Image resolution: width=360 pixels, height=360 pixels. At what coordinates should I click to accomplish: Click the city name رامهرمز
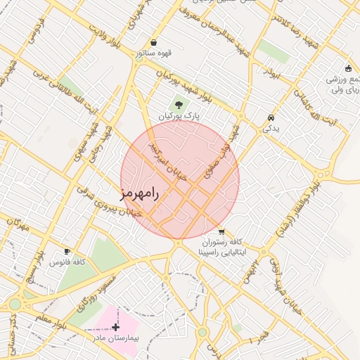(x=141, y=193)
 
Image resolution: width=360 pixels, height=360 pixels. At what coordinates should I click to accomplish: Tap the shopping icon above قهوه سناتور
(x=153, y=43)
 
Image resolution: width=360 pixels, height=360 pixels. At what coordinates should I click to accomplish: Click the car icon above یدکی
(x=271, y=117)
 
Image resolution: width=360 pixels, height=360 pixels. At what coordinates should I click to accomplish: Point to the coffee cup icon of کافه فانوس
(x=67, y=251)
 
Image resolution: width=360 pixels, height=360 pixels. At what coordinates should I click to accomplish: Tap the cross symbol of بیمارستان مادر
(x=115, y=327)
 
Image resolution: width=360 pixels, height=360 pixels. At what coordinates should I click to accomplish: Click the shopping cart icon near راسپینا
(x=221, y=232)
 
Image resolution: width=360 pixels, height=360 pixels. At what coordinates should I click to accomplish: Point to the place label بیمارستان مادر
(x=115, y=338)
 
